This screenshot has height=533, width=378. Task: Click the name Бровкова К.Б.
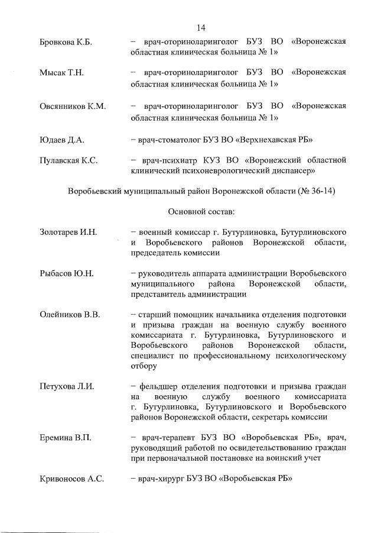(65, 41)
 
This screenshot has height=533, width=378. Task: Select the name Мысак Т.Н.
(61, 73)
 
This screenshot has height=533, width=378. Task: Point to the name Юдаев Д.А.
(61, 140)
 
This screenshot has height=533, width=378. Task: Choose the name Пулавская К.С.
(68, 160)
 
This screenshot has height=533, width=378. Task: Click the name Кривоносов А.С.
(71, 479)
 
